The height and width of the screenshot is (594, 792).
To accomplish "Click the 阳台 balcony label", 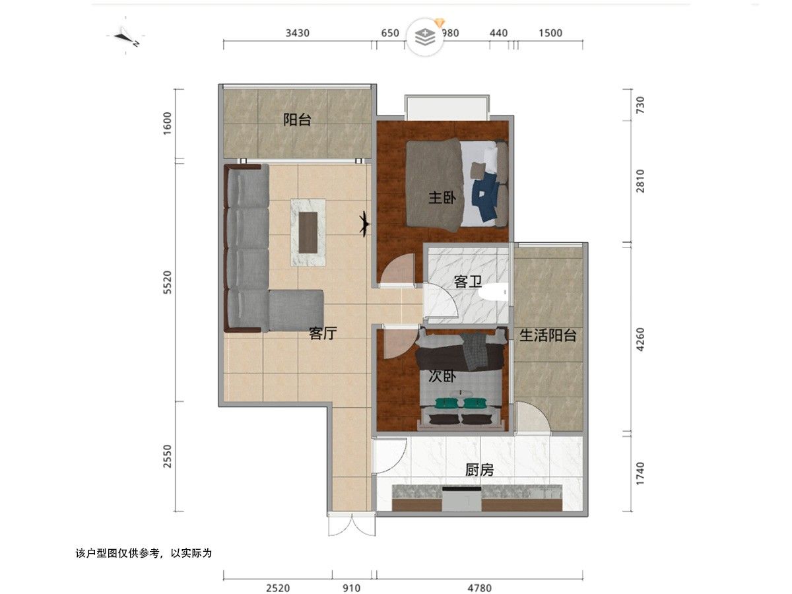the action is point(296,119).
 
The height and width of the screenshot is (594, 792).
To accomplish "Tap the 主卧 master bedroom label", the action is point(442,197).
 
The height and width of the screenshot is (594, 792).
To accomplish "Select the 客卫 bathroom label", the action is point(468,282).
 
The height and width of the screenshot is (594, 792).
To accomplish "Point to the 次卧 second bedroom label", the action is point(442,376).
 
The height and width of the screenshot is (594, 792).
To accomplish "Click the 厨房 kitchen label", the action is point(479,470).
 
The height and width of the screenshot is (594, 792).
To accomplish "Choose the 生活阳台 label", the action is point(548,335).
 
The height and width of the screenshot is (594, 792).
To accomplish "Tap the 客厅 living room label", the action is point(323,333).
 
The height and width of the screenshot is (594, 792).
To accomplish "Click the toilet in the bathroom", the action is point(493,292).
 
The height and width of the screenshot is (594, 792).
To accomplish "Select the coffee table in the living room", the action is point(308,232).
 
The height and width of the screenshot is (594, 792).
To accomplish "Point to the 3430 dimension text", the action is point(297,33).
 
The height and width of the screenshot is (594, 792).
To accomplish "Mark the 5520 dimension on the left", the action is point(168,282).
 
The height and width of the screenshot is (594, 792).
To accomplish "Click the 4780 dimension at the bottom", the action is point(480,588).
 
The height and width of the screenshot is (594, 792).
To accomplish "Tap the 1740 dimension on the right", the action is point(640,473).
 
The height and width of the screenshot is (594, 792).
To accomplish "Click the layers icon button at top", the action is point(426,37).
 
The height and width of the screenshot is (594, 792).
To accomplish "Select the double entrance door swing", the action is point(352,526).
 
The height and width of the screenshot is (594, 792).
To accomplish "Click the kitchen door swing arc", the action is point(391,456).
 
